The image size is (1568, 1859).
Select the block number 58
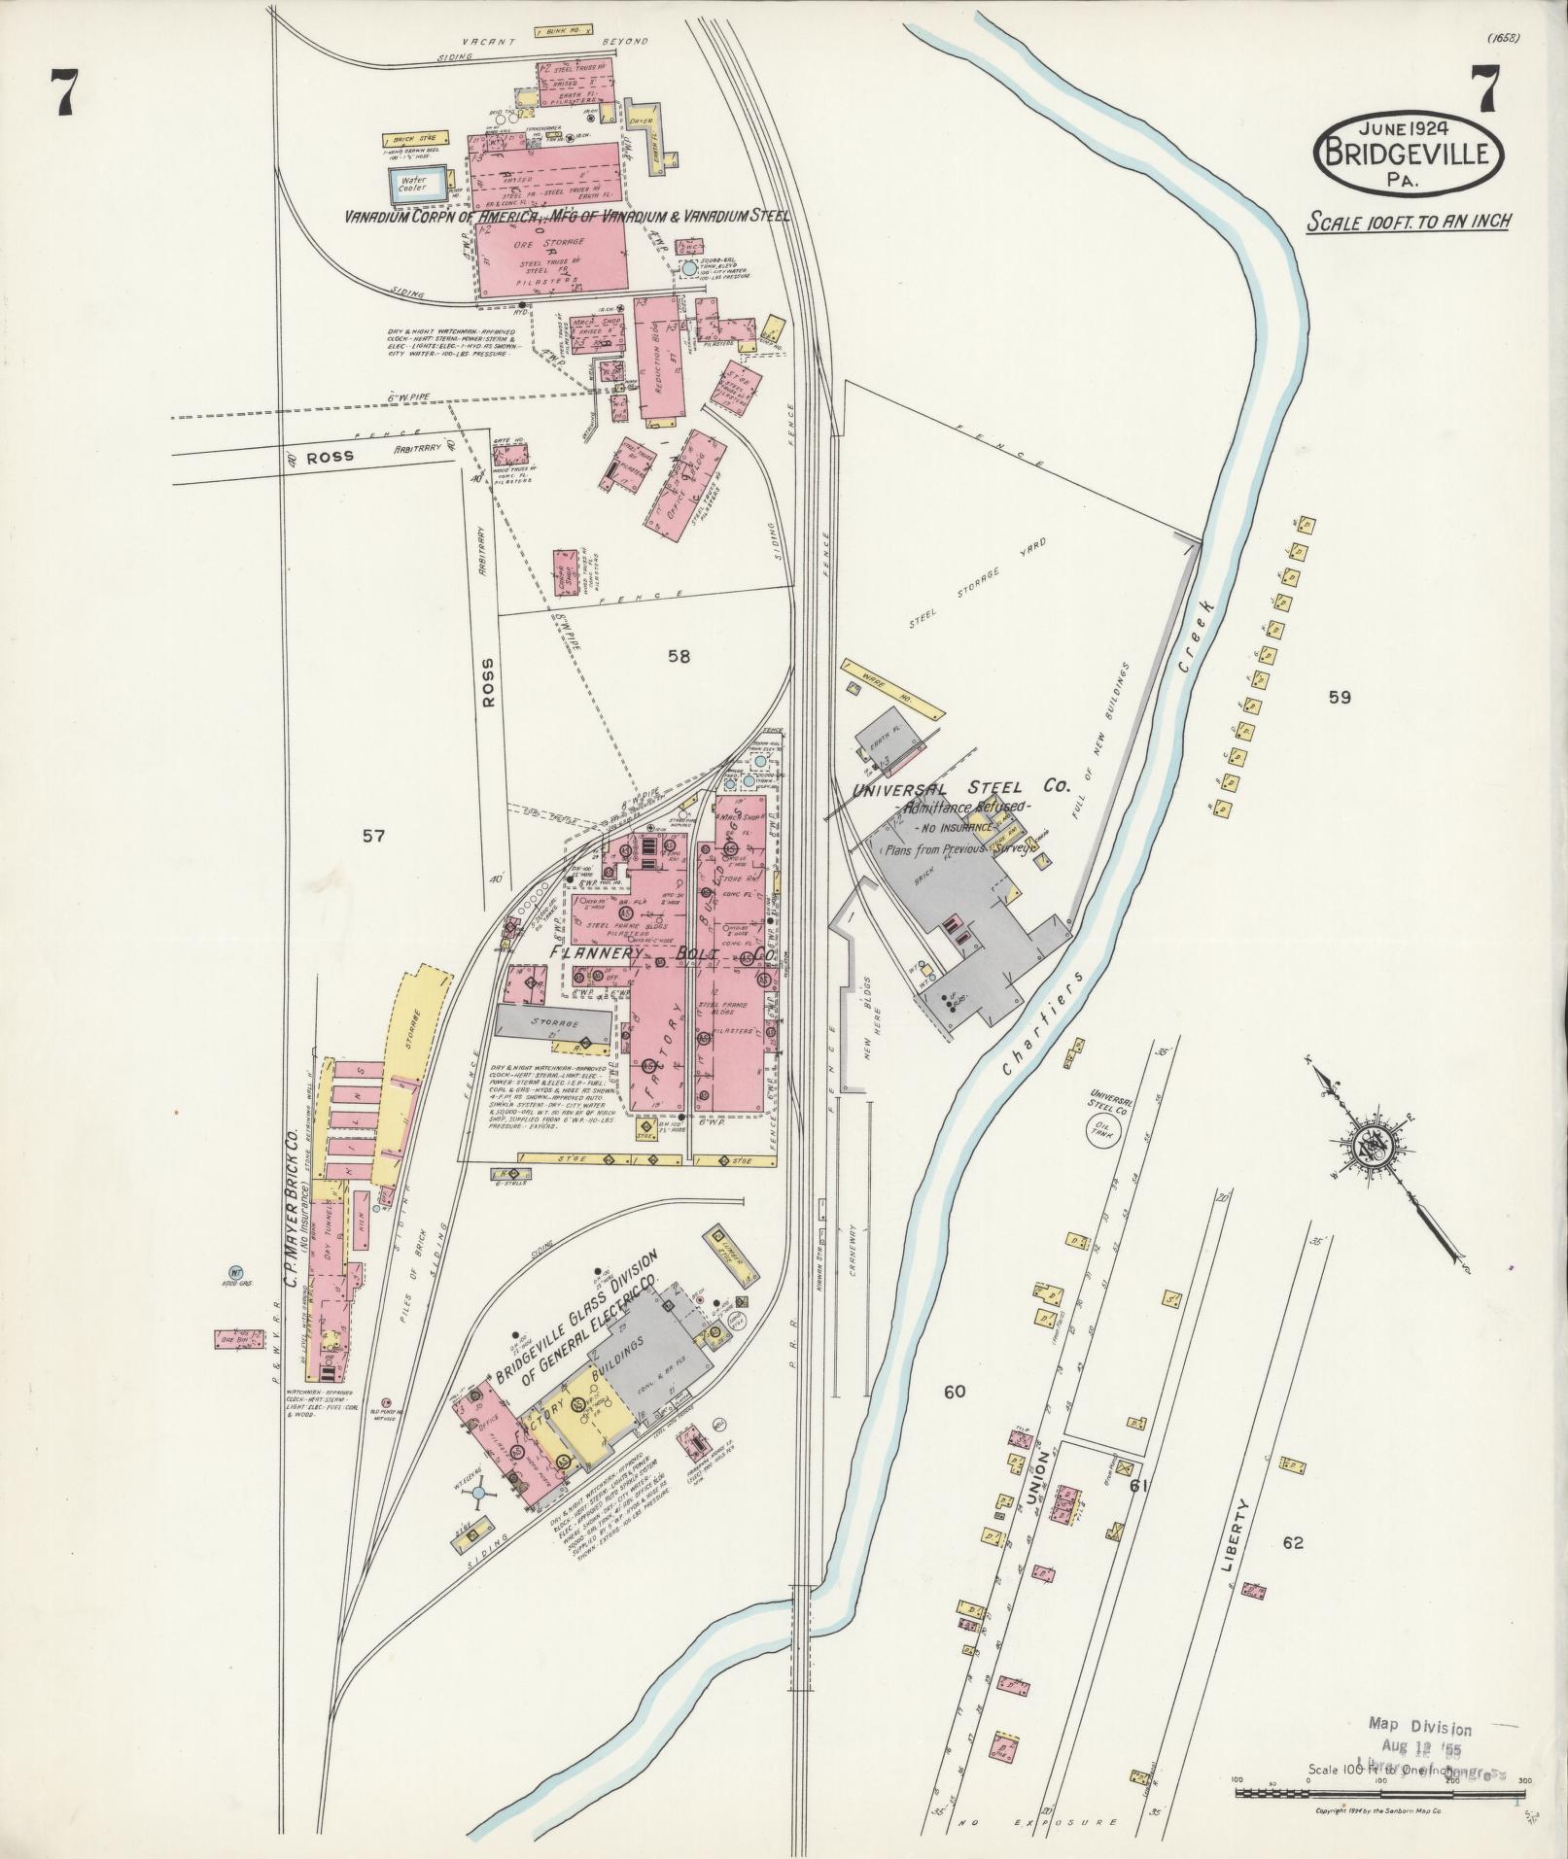[678, 657]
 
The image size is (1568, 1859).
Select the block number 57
[373, 836]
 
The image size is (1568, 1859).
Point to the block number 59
[1340, 697]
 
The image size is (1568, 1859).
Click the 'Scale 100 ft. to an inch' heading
[1408, 222]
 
